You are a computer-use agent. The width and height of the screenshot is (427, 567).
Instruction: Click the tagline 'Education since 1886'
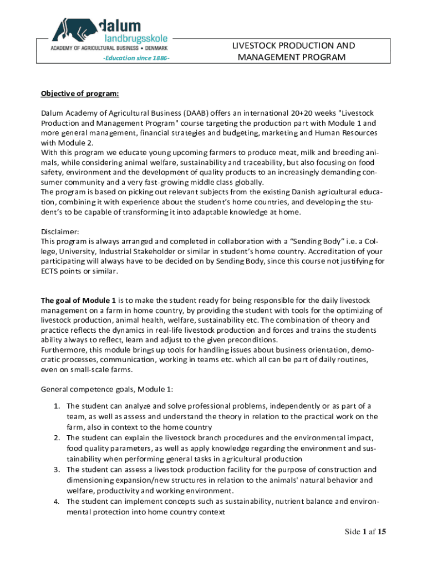(135, 58)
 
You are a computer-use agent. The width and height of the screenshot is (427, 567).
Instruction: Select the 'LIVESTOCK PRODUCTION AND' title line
(293, 46)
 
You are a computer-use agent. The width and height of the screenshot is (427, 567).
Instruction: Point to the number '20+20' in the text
(282, 113)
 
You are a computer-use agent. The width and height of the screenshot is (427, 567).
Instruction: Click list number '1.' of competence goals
(57, 406)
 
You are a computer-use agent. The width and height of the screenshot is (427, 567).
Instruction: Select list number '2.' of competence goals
(57, 438)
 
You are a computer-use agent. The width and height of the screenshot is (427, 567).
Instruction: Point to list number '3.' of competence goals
(57, 470)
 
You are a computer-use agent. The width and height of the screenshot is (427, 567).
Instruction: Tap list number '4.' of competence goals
(57, 502)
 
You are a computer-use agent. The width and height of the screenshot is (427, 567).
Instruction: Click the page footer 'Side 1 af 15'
(365, 532)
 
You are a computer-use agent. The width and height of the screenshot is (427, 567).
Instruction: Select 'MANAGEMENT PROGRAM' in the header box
(292, 58)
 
